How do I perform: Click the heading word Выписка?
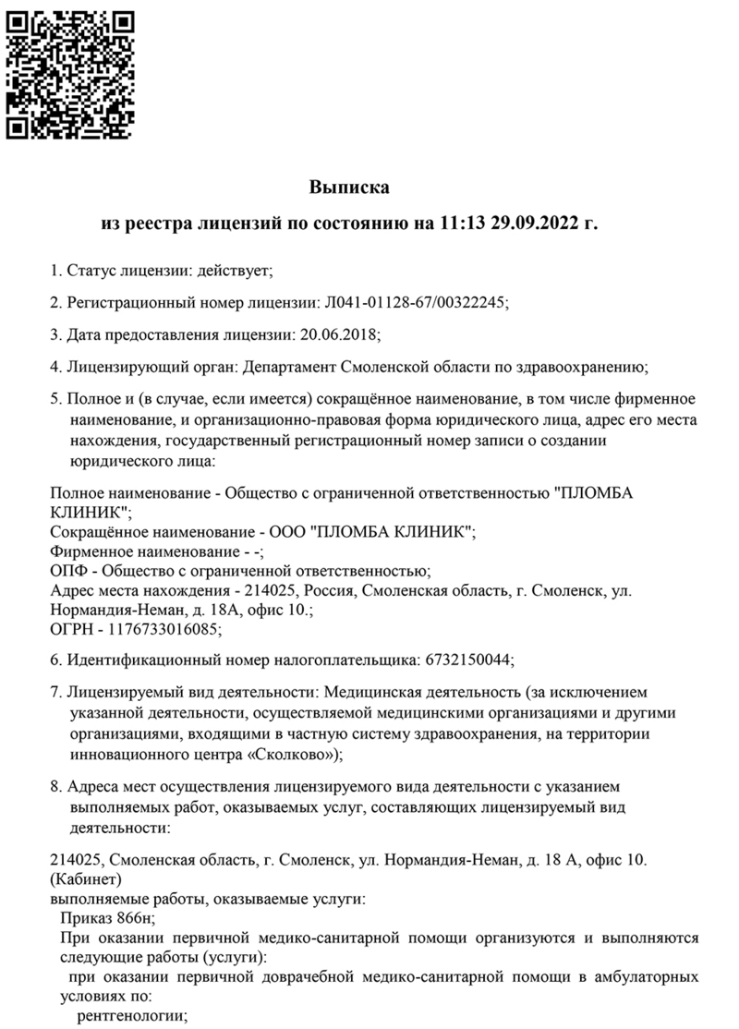pos(349,188)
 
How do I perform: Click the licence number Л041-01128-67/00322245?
pos(412,302)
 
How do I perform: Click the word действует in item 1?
pos(235,271)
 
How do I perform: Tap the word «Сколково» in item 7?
pos(295,754)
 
